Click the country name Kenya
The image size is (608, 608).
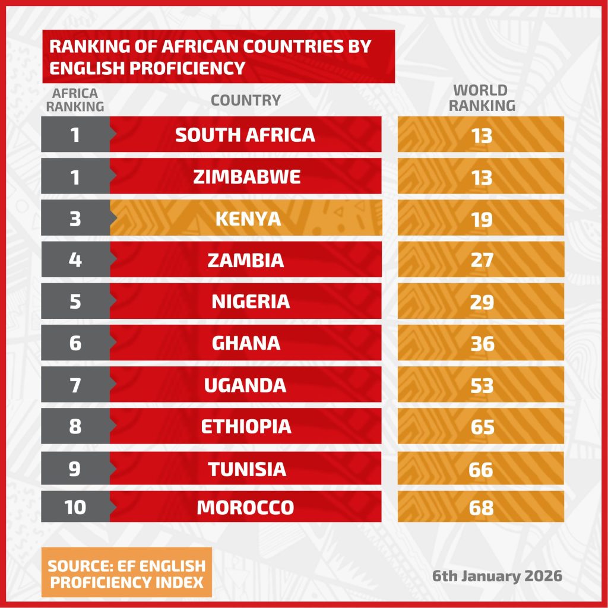[248, 219]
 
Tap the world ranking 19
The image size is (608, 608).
[482, 220]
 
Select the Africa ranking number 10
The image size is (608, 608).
[75, 508]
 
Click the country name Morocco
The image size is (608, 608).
[245, 508]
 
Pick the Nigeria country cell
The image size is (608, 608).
[251, 302]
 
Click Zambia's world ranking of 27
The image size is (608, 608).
[482, 261]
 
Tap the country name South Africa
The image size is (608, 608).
[245, 135]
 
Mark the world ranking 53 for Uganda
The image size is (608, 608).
[482, 385]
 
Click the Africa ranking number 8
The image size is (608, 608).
[75, 427]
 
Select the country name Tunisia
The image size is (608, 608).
[247, 470]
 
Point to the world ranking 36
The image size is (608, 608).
[482, 344]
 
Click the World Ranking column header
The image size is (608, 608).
[481, 99]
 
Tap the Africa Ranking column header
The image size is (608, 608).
[75, 100]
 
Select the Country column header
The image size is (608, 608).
[246, 100]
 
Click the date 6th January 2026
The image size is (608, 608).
[497, 576]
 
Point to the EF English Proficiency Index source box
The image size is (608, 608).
[127, 573]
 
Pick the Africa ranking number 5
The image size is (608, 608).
[75, 302]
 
